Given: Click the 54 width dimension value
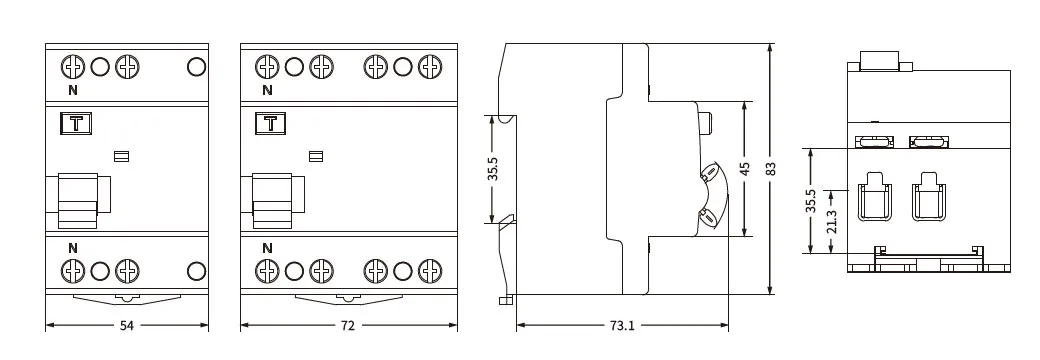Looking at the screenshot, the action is [x=127, y=326].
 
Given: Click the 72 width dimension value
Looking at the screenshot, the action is [x=348, y=326].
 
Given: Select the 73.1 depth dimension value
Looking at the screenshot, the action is [x=621, y=326].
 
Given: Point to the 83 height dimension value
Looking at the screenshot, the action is [x=771, y=168].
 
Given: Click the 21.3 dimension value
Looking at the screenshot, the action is [x=832, y=221].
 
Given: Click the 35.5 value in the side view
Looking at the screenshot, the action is [x=492, y=169].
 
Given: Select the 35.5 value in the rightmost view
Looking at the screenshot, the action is [x=811, y=200].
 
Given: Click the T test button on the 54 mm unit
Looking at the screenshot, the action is [x=76, y=123].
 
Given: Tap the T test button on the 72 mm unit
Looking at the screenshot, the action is [x=271, y=123].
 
